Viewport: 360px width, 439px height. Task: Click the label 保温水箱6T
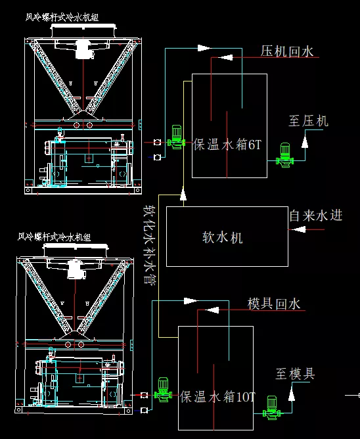[x=227, y=145]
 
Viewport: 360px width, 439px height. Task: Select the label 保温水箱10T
[x=217, y=397]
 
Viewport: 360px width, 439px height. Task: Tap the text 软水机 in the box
[x=223, y=237]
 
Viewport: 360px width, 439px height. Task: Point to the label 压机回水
[x=287, y=51]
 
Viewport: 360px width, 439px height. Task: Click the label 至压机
[x=308, y=121]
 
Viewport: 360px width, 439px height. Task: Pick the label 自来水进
[x=316, y=216]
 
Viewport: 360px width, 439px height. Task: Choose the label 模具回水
[x=274, y=304]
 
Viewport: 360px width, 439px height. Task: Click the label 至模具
[x=295, y=374]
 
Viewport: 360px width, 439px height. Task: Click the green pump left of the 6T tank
[x=176, y=137]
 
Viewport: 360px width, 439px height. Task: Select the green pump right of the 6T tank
[x=285, y=155]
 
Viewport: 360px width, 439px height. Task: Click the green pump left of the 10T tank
[x=163, y=390]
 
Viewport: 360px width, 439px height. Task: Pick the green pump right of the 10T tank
[x=271, y=407]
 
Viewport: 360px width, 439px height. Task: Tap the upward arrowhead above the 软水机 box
[x=183, y=194]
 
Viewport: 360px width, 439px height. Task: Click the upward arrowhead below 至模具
[x=292, y=396]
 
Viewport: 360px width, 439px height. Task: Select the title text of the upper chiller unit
[x=62, y=17]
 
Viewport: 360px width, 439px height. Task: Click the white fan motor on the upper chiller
[x=84, y=49]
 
